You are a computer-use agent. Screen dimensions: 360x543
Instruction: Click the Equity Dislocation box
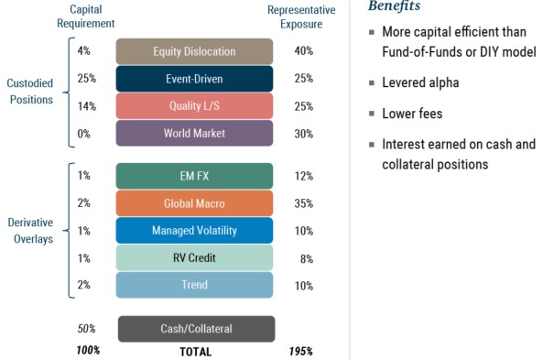pos(194,51)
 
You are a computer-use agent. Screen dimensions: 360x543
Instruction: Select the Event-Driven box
pos(194,79)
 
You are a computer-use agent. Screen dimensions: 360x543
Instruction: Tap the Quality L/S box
pos(194,106)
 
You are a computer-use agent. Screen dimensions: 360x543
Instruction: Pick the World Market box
pos(194,134)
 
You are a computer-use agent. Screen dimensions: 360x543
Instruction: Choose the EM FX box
pos(194,176)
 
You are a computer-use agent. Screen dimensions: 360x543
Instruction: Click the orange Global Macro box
pos(194,203)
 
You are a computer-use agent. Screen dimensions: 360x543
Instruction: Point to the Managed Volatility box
pos(194,231)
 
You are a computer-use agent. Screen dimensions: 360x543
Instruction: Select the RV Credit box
pos(194,257)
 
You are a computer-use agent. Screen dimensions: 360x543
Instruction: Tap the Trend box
pos(194,285)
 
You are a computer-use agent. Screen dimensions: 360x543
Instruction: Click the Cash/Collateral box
pos(195,329)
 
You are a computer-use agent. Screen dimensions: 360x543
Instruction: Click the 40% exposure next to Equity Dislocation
pos(302,51)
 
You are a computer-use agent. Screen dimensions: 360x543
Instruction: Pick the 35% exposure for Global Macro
pos(302,203)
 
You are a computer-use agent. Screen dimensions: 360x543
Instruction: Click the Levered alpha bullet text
pos(420,83)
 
